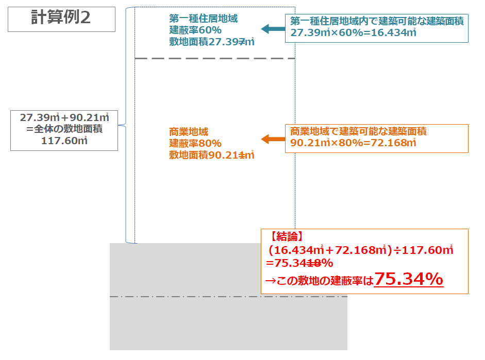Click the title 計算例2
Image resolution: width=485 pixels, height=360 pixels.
[60, 18]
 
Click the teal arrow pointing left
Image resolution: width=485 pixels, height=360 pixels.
[273, 29]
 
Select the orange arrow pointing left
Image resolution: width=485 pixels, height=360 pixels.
[273, 139]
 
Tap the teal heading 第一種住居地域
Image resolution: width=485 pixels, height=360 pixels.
[203, 19]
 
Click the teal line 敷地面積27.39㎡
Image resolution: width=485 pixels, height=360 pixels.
[212, 42]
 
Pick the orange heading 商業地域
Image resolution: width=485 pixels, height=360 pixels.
[188, 131]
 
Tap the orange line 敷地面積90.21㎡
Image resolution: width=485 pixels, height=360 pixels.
[212, 154]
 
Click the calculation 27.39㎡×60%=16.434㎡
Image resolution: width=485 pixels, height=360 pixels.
[353, 33]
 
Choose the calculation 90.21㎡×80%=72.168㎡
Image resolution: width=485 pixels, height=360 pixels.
[353, 143]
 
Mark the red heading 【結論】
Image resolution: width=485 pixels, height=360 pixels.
[287, 237]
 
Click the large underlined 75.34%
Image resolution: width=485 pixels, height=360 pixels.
[409, 279]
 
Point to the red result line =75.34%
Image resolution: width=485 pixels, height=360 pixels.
[299, 263]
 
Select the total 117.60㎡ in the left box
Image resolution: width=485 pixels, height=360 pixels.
[64, 140]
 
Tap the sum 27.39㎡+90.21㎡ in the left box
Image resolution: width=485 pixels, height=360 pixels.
[64, 117]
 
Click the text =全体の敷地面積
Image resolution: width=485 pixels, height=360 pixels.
[64, 129]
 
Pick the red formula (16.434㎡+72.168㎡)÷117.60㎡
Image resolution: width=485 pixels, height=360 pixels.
[360, 250]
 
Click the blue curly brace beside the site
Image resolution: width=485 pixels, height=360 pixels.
[127, 125]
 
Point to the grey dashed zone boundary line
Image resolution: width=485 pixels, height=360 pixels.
[214, 59]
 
